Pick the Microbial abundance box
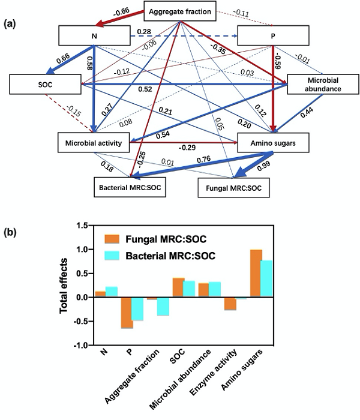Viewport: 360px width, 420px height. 318,85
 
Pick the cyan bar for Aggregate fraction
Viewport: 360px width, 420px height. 162,307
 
